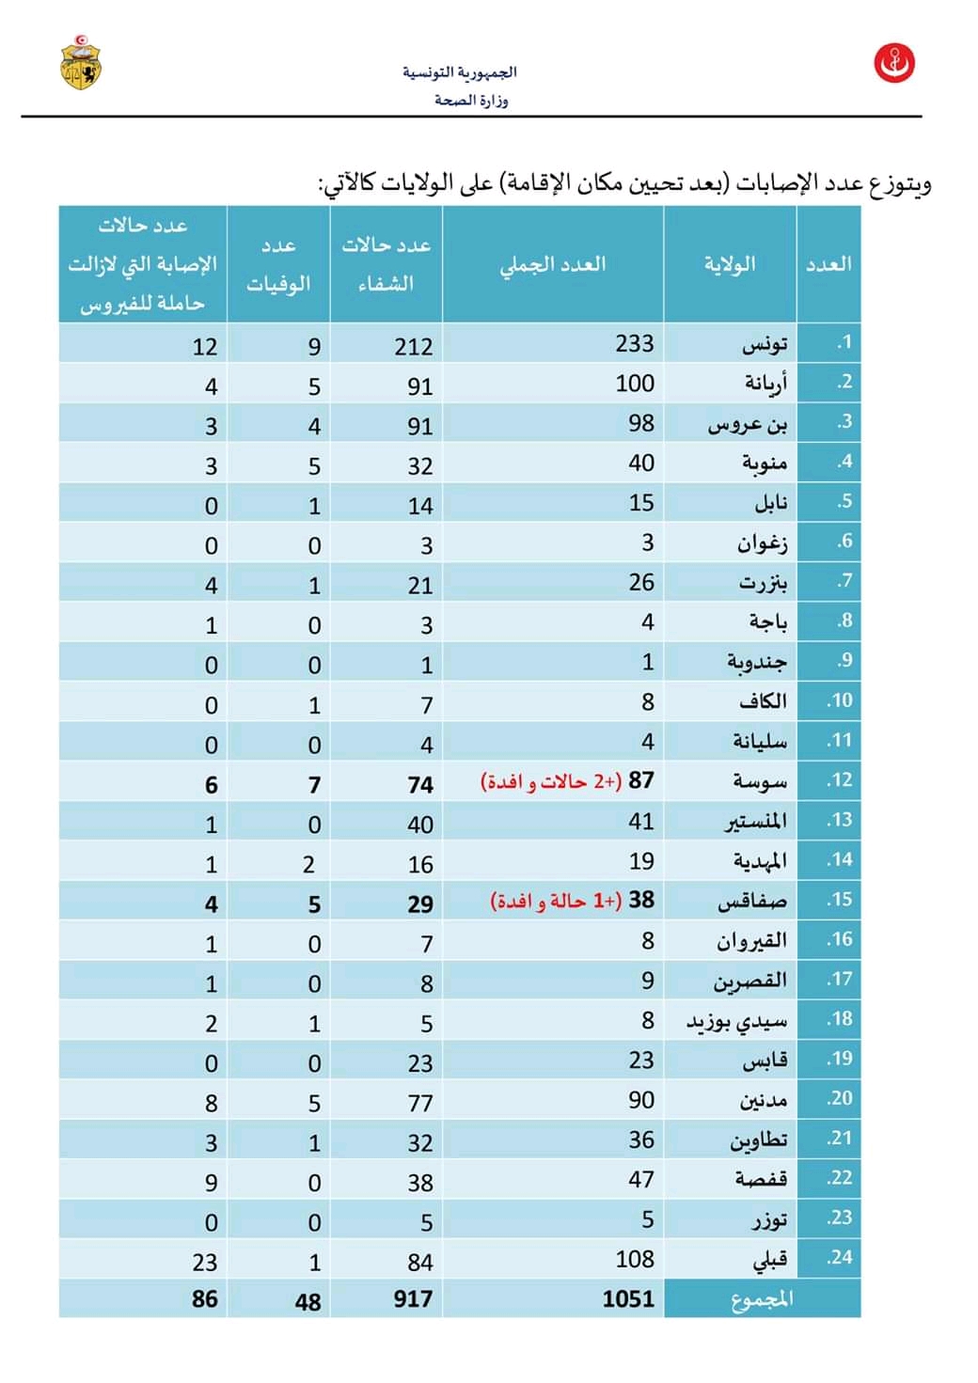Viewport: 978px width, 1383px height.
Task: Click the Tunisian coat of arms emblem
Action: (x=82, y=62)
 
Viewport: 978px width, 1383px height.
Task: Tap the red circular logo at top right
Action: (x=894, y=63)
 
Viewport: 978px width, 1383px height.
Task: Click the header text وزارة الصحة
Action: (x=471, y=100)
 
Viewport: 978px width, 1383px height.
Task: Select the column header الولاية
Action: (x=730, y=264)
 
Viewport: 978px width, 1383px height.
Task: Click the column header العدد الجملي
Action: (x=553, y=264)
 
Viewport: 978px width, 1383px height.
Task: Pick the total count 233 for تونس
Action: (x=635, y=343)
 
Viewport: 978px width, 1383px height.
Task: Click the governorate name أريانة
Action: (x=766, y=384)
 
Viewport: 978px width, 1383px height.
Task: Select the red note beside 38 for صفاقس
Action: (x=556, y=901)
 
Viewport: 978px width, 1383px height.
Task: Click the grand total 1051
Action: (x=628, y=1298)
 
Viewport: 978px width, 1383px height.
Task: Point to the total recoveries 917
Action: (x=413, y=1298)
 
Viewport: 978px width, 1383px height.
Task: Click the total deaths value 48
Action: (x=308, y=1301)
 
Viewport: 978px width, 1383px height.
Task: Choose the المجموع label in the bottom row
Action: (x=762, y=1298)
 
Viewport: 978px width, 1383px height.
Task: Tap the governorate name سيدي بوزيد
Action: (x=736, y=1021)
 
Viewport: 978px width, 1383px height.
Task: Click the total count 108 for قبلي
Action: (x=635, y=1259)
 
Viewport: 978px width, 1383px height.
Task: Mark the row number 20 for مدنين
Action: (x=839, y=1098)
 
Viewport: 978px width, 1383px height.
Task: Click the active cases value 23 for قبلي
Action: (x=204, y=1262)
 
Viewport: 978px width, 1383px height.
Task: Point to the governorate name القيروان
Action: (x=751, y=941)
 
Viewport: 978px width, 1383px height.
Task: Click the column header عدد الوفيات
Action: (x=278, y=264)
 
